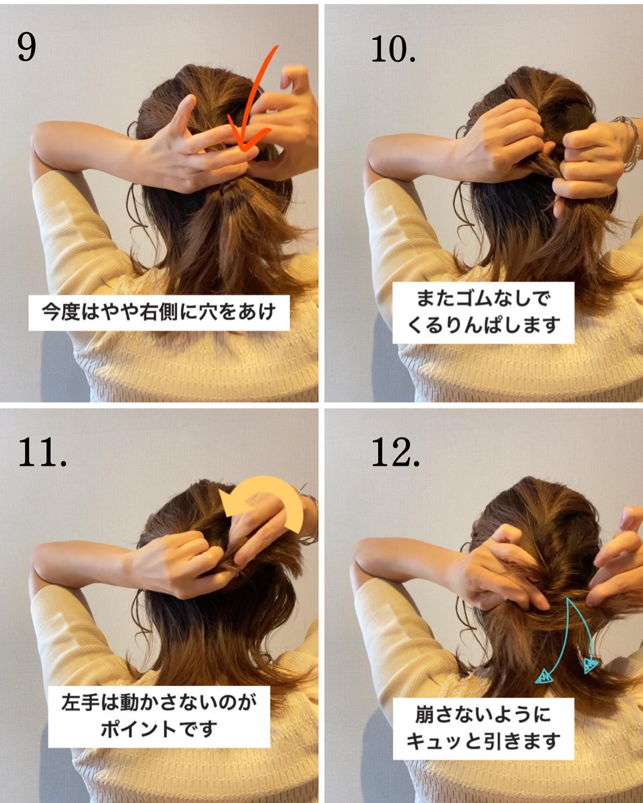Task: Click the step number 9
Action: coord(27,47)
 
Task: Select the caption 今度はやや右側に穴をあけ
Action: coord(159,312)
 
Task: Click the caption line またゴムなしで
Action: coord(483,298)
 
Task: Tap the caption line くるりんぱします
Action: coord(483,325)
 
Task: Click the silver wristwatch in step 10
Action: coord(627,143)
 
